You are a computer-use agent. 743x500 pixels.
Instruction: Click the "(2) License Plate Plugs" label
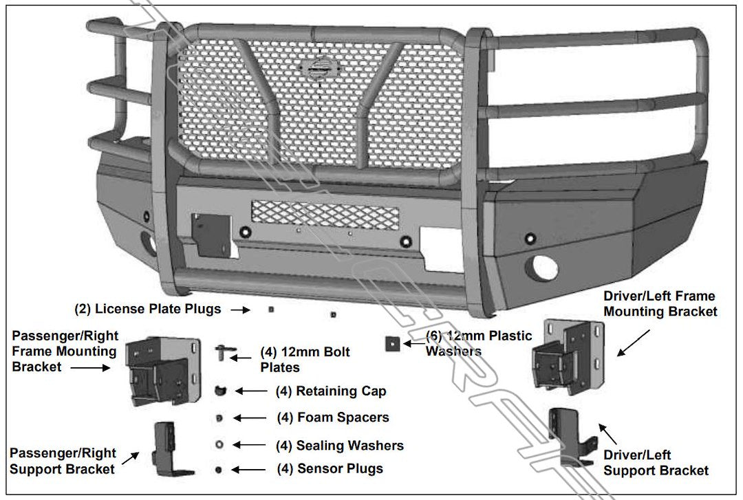tap(147, 309)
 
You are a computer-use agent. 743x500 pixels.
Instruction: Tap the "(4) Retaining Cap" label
tap(331, 391)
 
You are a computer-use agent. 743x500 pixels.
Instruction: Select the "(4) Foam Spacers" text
tap(332, 417)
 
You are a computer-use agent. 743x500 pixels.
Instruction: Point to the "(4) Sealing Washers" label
tap(340, 446)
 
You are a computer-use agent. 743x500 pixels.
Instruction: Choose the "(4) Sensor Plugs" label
tap(330, 469)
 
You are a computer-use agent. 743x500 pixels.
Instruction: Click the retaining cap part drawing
tap(220, 391)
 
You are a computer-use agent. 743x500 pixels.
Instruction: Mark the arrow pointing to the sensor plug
tap(249, 470)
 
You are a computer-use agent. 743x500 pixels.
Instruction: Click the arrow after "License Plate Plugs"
tap(239, 310)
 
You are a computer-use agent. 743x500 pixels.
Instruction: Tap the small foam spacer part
tap(219, 418)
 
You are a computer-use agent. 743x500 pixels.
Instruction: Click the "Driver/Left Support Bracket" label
tap(656, 463)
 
